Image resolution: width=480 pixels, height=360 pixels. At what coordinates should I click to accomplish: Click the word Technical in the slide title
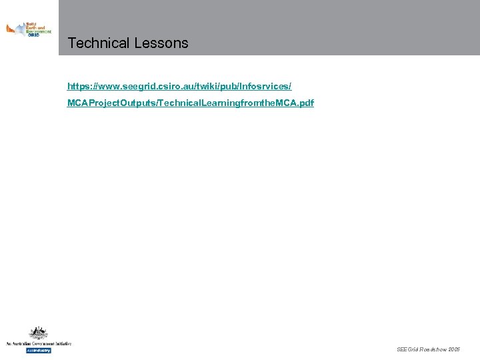[98, 43]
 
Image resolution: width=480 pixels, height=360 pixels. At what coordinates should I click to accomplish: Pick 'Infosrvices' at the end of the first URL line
[267, 87]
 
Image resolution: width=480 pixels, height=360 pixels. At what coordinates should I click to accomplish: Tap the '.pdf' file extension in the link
[305, 103]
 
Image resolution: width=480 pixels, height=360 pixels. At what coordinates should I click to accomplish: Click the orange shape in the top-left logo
[11, 29]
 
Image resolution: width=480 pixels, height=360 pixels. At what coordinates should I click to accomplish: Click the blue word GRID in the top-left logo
[33, 35]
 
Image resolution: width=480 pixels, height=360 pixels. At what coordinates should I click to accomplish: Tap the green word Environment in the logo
[39, 31]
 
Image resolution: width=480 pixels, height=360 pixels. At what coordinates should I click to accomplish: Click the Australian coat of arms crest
[38, 333]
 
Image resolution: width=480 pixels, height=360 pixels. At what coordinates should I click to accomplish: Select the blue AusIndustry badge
[39, 350]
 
